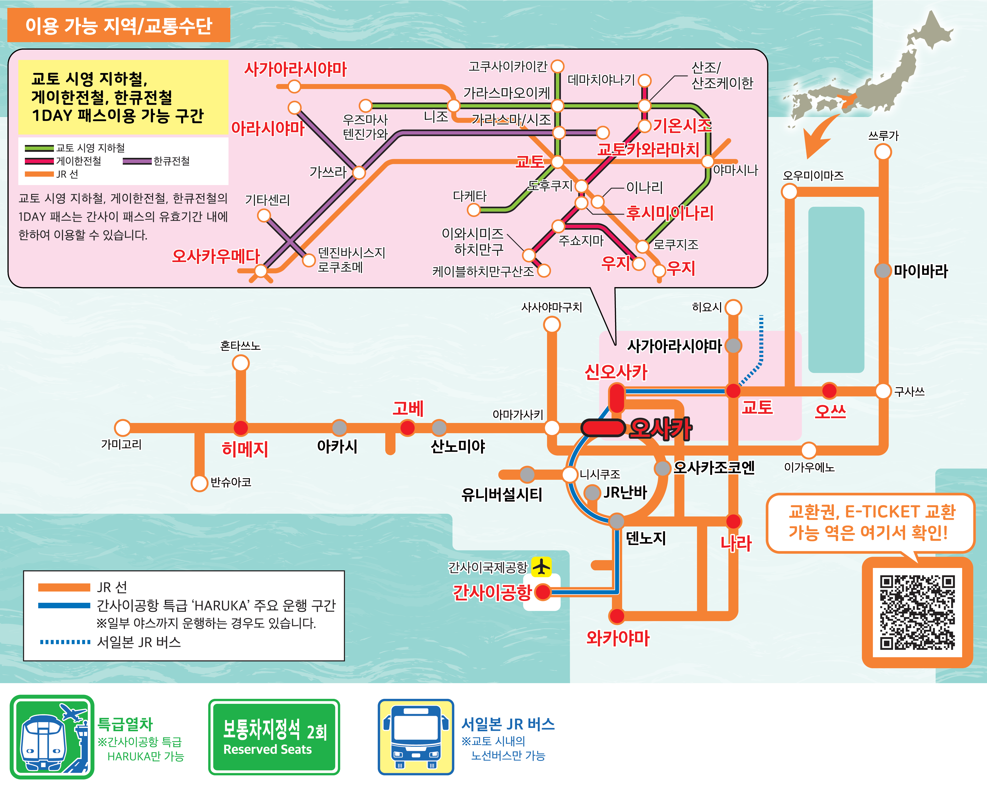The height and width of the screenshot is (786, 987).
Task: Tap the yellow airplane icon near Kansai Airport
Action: pyautogui.click(x=542, y=567)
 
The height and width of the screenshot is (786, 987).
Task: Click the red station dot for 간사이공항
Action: pyautogui.click(x=543, y=592)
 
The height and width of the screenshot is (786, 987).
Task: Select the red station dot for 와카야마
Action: pyautogui.click(x=617, y=616)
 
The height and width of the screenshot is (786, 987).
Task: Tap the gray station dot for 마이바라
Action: pyautogui.click(x=883, y=271)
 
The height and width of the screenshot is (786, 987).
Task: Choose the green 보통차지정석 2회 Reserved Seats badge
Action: pyautogui.click(x=274, y=737)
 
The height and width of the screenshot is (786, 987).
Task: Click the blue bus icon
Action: pyautogui.click(x=415, y=737)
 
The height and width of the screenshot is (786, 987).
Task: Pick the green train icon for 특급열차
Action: pyautogui.click(x=52, y=737)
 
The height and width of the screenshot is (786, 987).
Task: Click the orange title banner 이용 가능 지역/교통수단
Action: pyautogui.click(x=119, y=25)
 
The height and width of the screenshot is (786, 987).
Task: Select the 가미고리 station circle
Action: pyautogui.click(x=122, y=428)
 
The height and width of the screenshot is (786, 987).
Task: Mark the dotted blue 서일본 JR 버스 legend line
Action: pyautogui.click(x=65, y=642)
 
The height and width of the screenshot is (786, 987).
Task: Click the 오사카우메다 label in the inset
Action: pyautogui.click(x=216, y=256)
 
